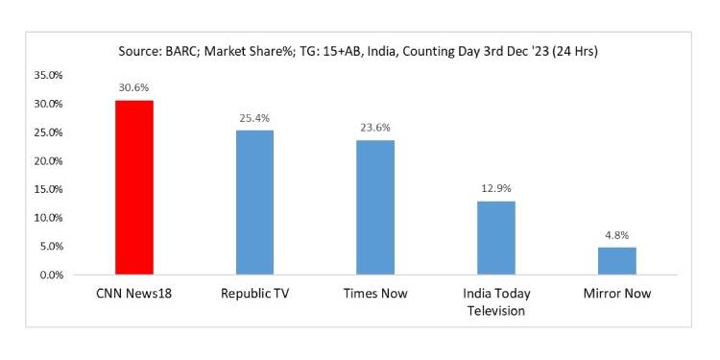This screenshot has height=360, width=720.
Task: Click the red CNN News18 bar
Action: (x=133, y=187)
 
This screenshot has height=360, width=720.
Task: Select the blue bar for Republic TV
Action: (x=254, y=203)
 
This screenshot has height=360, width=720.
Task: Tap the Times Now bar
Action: (x=375, y=207)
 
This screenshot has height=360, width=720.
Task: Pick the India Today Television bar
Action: (x=495, y=238)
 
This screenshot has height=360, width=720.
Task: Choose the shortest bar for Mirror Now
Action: (x=616, y=261)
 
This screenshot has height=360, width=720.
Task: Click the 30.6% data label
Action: (x=133, y=86)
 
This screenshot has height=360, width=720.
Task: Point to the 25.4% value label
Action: (x=254, y=117)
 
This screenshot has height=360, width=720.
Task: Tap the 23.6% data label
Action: (x=375, y=127)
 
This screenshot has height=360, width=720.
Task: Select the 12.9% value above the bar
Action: (x=495, y=188)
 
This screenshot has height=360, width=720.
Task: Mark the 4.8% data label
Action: (x=616, y=234)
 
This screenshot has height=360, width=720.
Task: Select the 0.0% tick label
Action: (x=51, y=276)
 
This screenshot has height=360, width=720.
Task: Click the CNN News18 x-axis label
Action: (x=133, y=294)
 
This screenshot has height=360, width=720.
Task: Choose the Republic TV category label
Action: (x=254, y=294)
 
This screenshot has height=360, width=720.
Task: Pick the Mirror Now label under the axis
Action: (x=616, y=294)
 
